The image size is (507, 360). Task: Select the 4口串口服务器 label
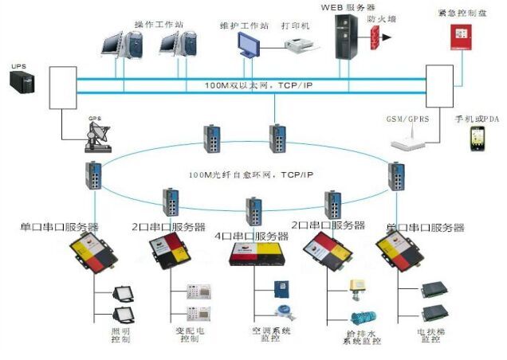251,236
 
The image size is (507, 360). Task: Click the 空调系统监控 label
271,335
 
